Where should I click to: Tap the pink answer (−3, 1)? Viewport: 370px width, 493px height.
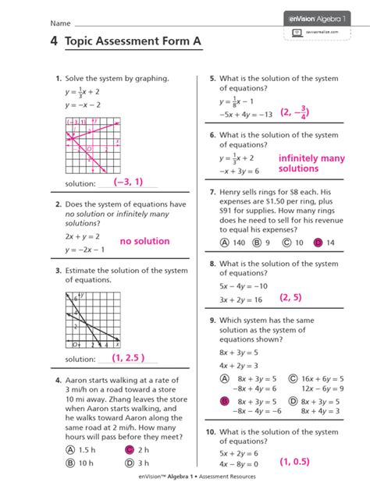coord(128,182)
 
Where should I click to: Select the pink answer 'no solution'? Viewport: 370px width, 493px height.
coord(144,241)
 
